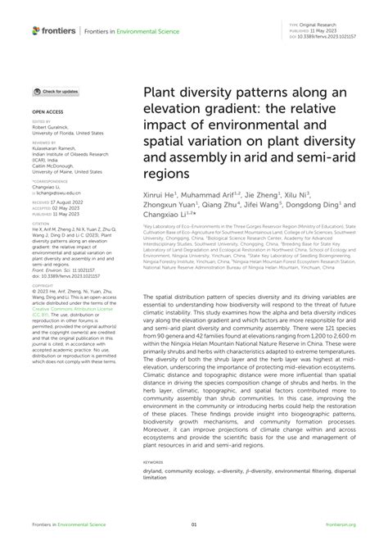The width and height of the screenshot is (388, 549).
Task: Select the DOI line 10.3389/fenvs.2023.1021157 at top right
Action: [330, 38]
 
